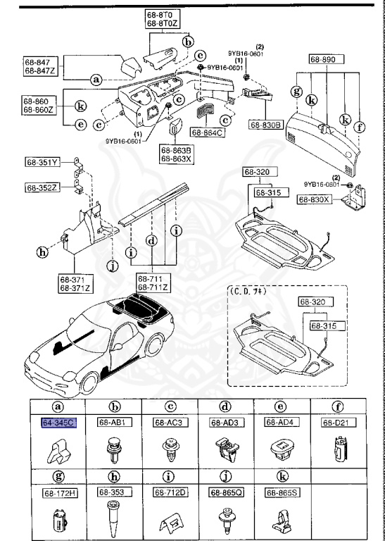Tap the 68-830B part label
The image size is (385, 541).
tap(265, 125)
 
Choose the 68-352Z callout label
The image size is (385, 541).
tap(43, 187)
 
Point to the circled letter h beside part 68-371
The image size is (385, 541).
tap(42, 251)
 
